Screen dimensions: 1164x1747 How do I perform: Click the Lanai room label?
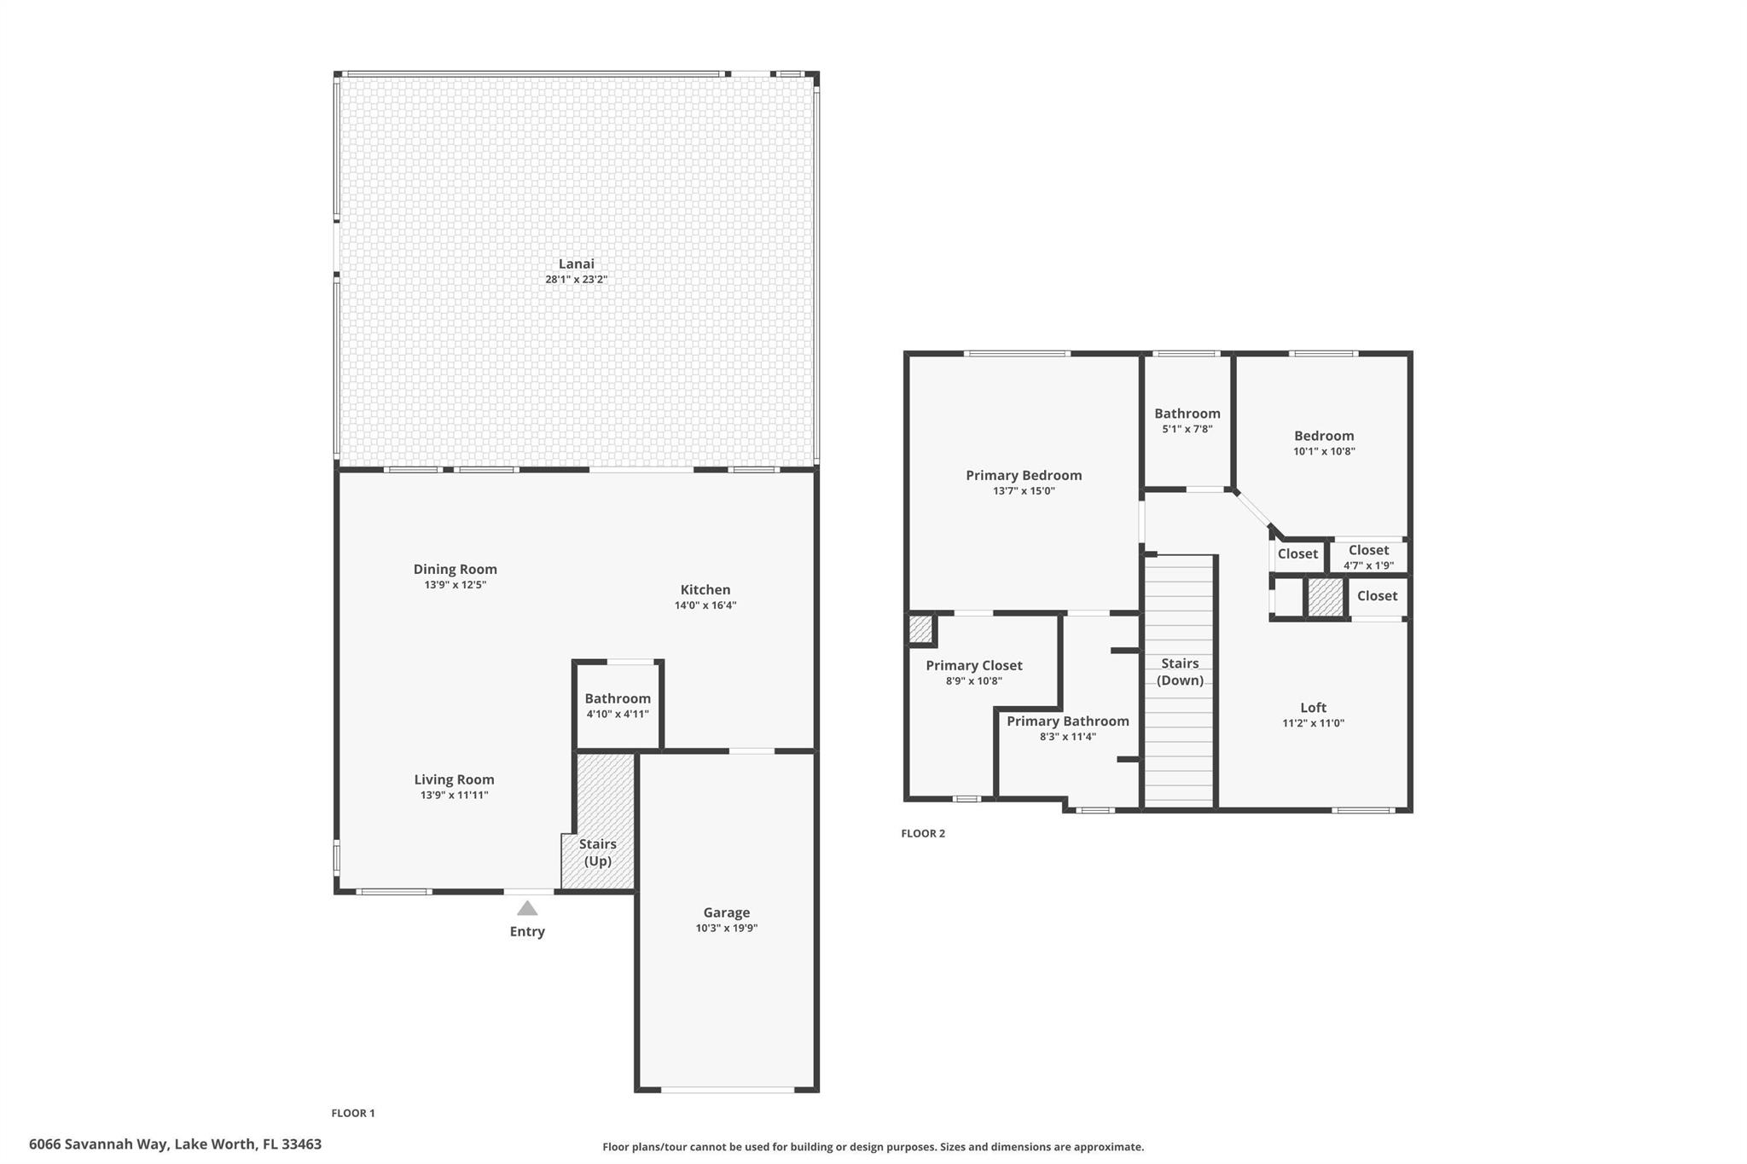tap(576, 264)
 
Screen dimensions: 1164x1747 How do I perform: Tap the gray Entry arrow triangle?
tap(527, 908)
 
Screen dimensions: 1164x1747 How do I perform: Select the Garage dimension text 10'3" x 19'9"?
tap(726, 928)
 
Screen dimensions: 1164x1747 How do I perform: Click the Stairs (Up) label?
tap(597, 852)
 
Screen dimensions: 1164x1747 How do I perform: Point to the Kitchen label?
tap(705, 590)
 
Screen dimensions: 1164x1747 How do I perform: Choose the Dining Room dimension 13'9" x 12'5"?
tap(455, 585)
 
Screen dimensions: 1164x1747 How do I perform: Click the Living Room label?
tap(454, 779)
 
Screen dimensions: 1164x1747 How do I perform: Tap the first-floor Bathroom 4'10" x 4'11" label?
tap(618, 699)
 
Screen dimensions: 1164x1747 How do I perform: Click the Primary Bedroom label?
tap(1023, 476)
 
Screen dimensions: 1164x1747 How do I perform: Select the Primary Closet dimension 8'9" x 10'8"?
tap(973, 680)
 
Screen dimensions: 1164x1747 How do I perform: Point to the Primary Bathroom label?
tap(1067, 721)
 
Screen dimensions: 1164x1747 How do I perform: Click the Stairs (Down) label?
tap(1180, 671)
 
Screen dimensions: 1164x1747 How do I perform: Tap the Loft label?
tap(1313, 708)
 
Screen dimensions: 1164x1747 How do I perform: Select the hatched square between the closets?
tap(1325, 597)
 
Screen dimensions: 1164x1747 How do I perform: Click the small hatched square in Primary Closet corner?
tap(920, 629)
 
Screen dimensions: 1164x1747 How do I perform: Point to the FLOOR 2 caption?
tap(923, 833)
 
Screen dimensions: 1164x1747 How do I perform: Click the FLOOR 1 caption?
tap(353, 1113)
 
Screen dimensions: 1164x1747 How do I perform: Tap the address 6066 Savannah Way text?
tap(175, 1144)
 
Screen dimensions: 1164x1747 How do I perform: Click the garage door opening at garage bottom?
tap(727, 1089)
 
